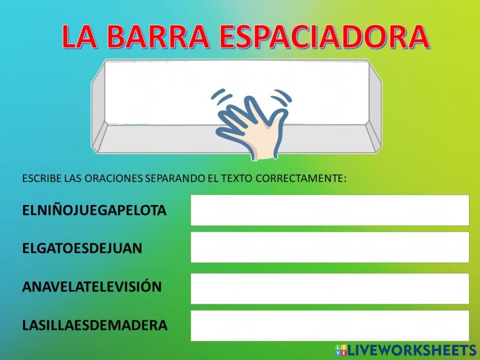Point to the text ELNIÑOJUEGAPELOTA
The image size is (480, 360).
(x=94, y=210)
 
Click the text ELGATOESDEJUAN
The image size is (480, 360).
(x=82, y=248)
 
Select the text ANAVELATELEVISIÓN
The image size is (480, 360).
(x=92, y=287)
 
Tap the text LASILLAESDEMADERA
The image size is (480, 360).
(x=95, y=325)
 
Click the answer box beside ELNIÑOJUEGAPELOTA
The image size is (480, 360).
(x=330, y=210)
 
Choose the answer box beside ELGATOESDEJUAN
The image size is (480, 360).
(x=330, y=247)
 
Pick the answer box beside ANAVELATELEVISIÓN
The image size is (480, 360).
(x=330, y=288)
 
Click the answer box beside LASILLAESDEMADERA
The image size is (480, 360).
(x=330, y=325)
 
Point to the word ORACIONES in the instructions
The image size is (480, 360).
(x=113, y=179)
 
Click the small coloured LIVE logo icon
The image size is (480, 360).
(x=340, y=350)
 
